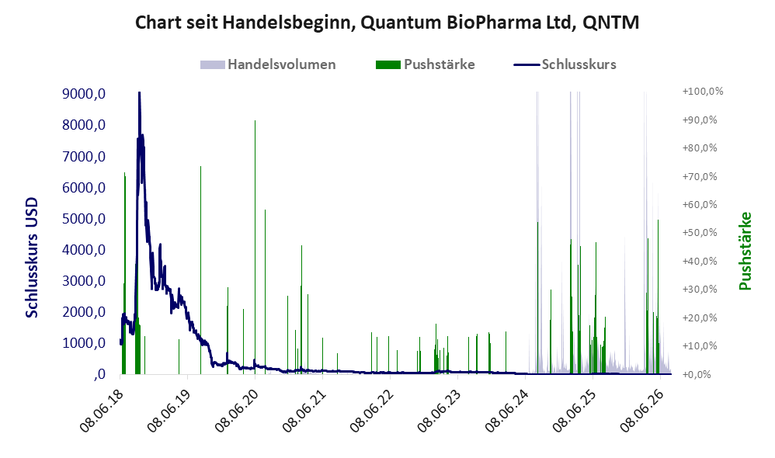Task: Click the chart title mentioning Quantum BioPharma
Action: tap(387, 23)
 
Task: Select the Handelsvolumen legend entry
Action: tap(268, 64)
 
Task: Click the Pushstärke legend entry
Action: tap(425, 64)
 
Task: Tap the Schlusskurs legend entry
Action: tap(565, 64)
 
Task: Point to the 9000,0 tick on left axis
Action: tap(84, 93)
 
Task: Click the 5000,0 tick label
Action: tap(84, 218)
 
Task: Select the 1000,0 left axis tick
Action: tap(84, 343)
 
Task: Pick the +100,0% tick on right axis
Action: tap(702, 92)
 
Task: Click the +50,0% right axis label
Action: tap(700, 233)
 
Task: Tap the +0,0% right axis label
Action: tap(697, 374)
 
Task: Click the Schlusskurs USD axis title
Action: tap(32, 258)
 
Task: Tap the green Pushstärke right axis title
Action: tap(745, 251)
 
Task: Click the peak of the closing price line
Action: tap(139, 92)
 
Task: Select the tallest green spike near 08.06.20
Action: tap(255, 247)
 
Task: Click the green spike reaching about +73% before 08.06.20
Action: tap(200, 270)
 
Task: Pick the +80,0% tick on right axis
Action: tap(700, 147)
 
